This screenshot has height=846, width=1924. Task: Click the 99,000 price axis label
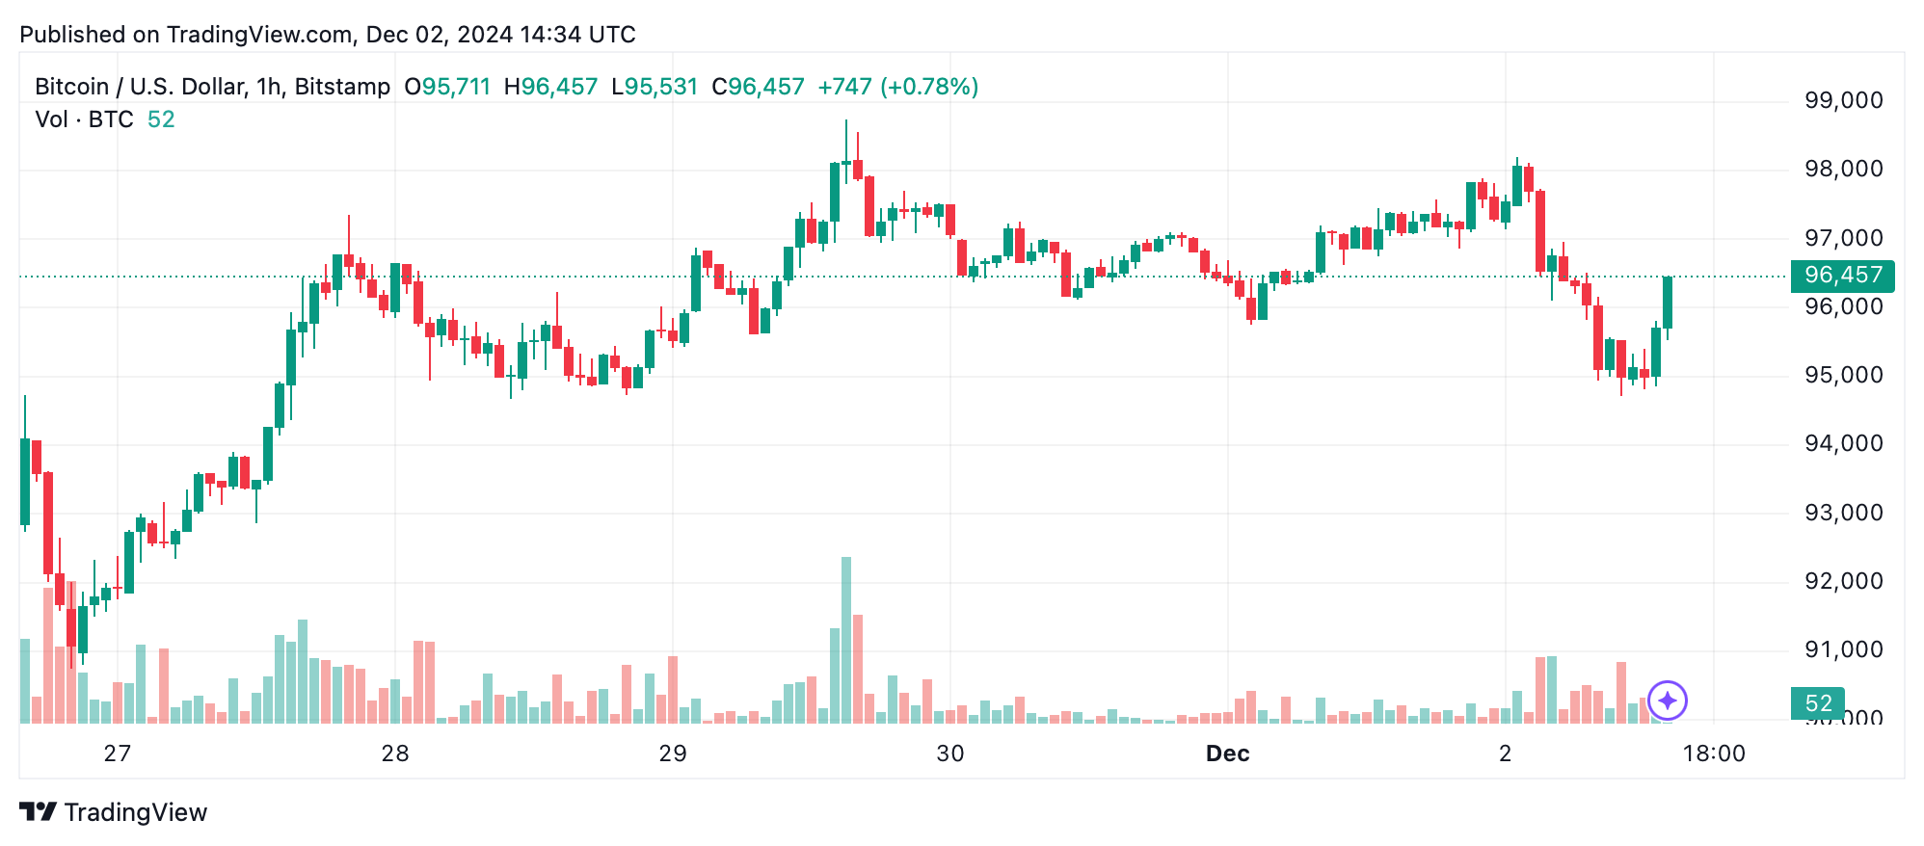[1843, 100]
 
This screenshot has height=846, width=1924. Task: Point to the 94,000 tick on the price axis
[1843, 443]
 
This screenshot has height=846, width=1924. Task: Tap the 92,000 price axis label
[1843, 581]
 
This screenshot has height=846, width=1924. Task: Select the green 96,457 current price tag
[1842, 276]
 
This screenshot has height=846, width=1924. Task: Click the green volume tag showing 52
[1817, 703]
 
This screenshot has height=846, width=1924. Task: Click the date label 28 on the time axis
[395, 753]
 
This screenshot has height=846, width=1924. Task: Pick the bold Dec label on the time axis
[1227, 753]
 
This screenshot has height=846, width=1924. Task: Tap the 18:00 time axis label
[1714, 753]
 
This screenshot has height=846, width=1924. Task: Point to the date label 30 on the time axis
[950, 753]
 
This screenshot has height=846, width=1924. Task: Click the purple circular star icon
[1668, 701]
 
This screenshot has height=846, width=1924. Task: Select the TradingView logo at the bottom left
[114, 812]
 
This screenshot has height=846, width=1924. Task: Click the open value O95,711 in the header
[447, 87]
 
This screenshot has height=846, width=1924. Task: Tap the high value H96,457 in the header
[550, 87]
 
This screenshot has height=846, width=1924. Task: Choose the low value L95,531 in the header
[655, 87]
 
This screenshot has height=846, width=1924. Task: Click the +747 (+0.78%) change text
[897, 87]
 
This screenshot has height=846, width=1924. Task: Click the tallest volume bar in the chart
[846, 640]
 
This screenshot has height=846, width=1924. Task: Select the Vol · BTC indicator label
[84, 119]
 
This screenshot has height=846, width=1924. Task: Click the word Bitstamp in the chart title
[342, 87]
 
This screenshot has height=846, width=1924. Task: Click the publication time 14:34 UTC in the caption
[577, 35]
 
